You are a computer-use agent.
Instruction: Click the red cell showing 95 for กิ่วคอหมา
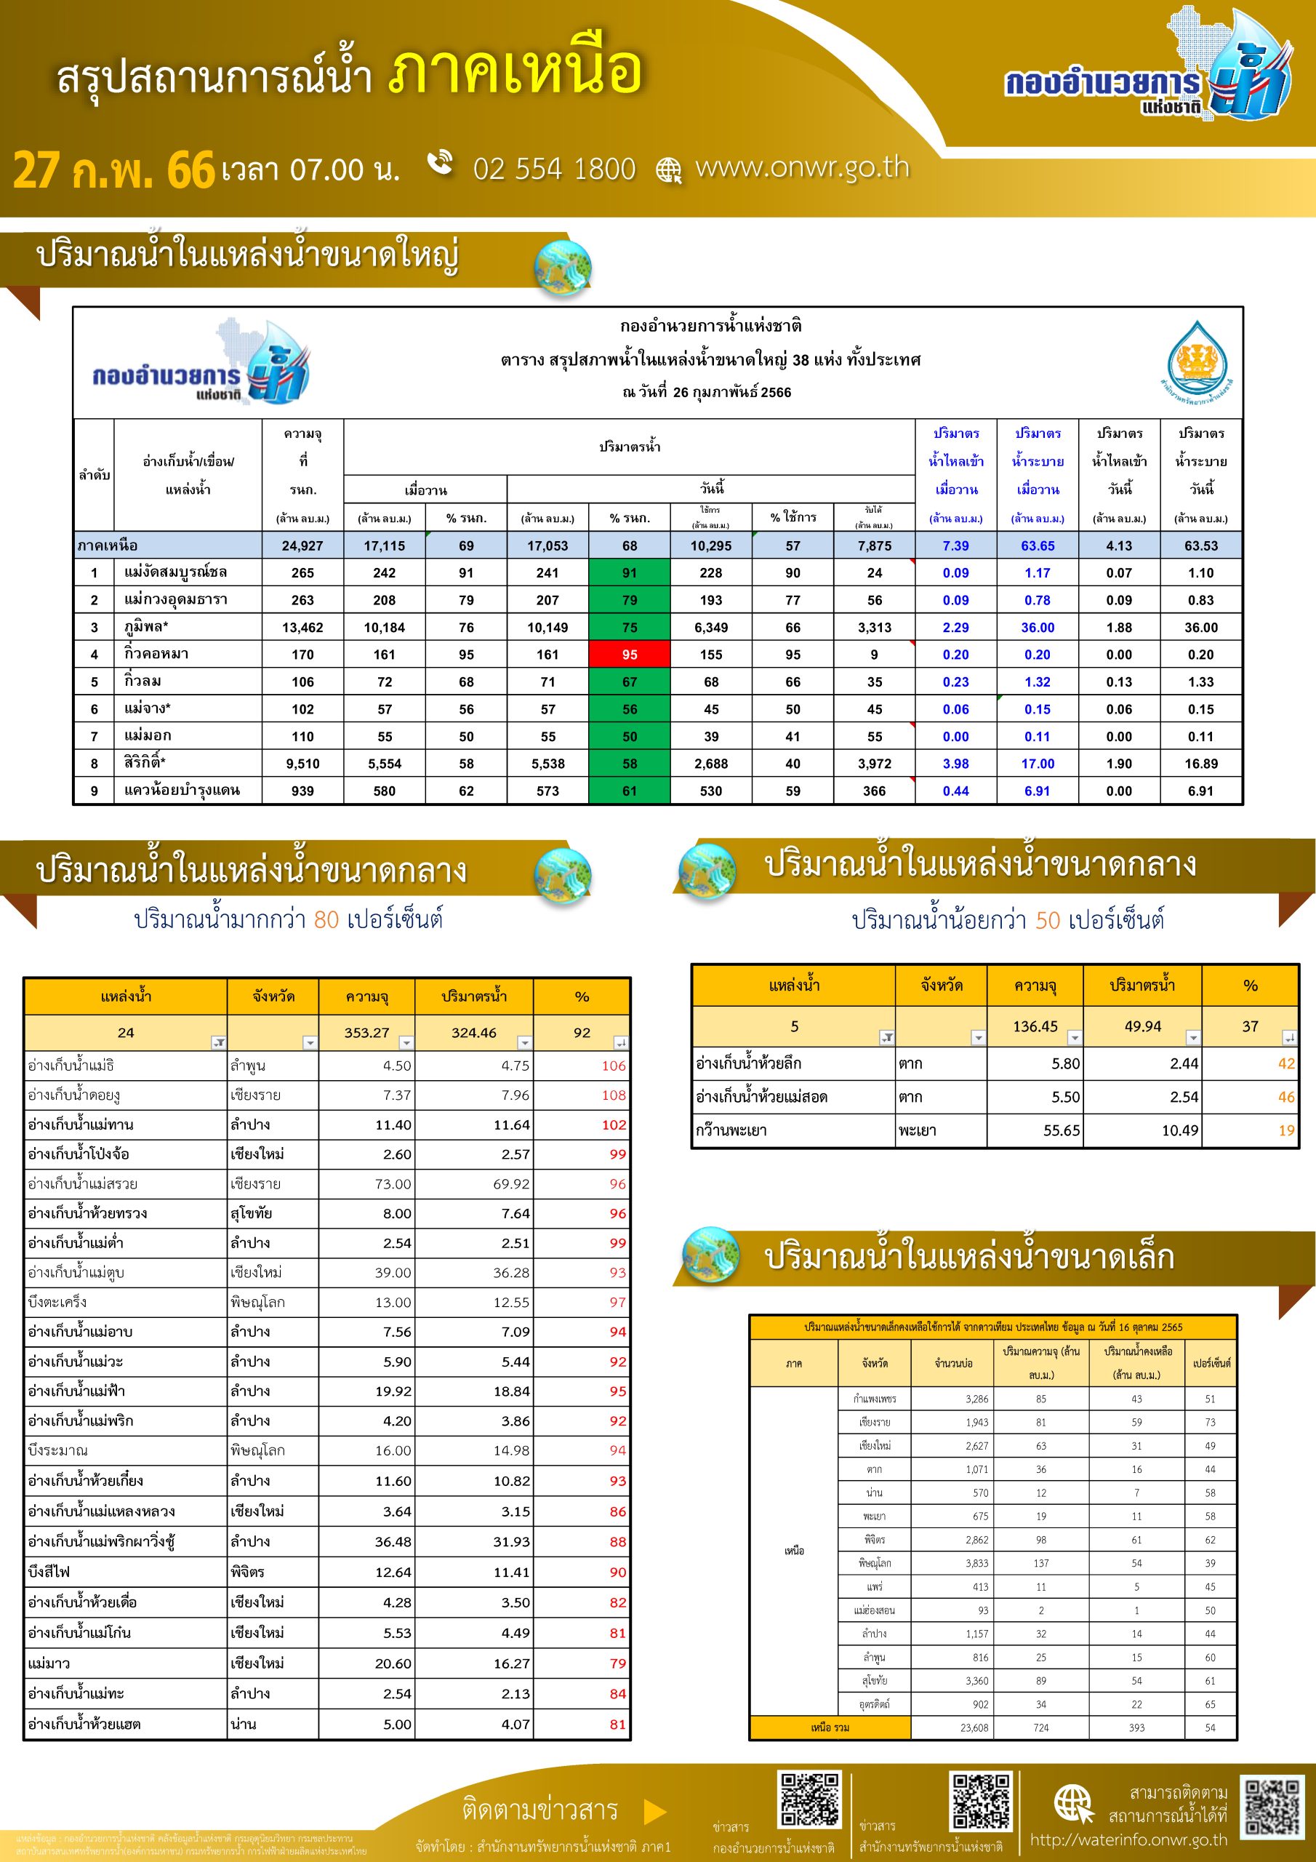[629, 655]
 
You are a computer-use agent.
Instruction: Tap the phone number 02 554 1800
[554, 169]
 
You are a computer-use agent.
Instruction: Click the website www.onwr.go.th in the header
[802, 167]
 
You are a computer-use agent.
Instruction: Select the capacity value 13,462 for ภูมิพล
[302, 628]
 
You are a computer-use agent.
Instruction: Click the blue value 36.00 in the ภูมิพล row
[1037, 628]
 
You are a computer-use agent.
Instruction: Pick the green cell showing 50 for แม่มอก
[629, 736]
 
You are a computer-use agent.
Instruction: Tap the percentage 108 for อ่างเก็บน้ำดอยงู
[613, 1095]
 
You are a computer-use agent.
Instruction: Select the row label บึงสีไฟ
[49, 1572]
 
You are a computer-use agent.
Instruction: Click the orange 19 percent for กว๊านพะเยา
[1286, 1130]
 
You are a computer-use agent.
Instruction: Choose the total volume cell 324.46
[473, 1032]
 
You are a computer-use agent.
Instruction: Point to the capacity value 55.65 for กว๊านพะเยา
[1062, 1130]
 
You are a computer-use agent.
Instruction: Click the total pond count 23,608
[974, 1727]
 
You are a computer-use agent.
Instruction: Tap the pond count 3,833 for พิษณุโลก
[976, 1563]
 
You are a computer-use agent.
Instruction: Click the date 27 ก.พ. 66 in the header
[113, 170]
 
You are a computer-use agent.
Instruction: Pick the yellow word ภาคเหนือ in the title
[515, 71]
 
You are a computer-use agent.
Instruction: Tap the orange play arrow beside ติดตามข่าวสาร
[654, 1812]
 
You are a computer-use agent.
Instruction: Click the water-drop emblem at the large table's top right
[1197, 359]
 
